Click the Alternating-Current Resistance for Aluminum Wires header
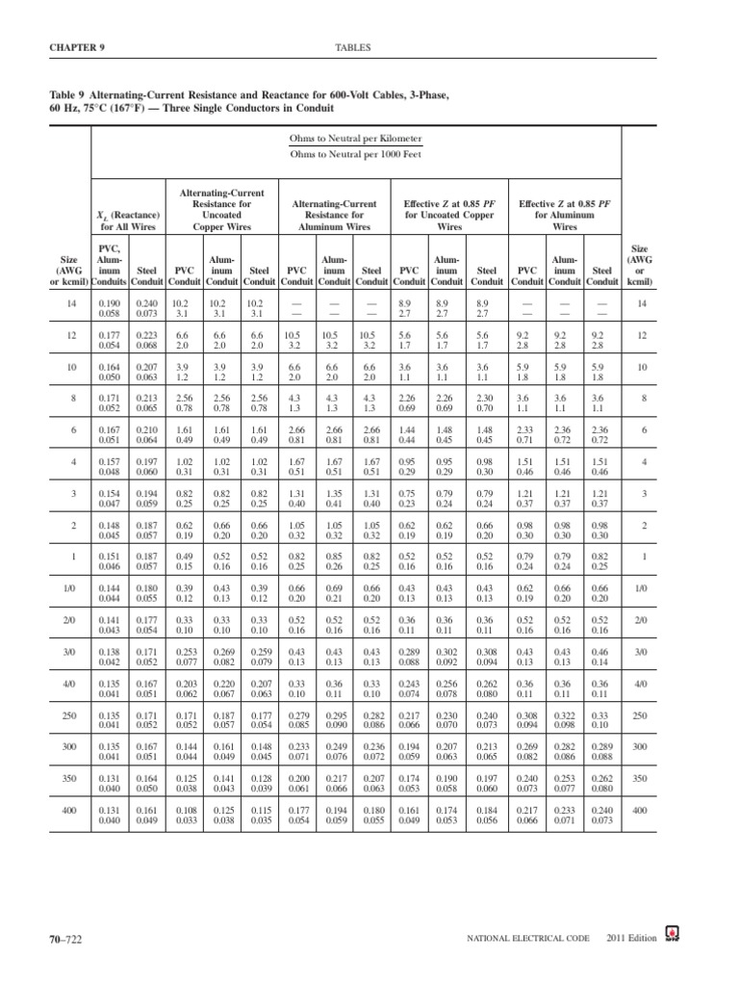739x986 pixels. (x=334, y=215)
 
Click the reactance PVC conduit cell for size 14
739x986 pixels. (x=111, y=308)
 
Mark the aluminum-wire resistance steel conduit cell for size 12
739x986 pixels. (x=370, y=340)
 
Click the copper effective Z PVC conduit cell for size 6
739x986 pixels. (x=410, y=435)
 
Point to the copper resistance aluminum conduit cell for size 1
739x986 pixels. (x=221, y=562)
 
